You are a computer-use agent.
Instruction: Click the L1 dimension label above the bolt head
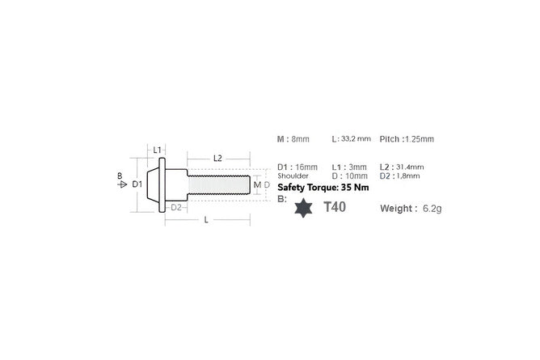coord(157,150)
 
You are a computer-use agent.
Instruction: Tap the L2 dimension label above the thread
coord(217,158)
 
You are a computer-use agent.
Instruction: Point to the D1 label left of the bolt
coord(137,184)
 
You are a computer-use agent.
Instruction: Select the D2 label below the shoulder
coord(176,207)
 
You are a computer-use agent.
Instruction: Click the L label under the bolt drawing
coord(206,220)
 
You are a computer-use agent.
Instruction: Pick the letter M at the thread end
coord(257,185)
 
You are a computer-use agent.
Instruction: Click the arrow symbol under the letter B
coord(122,184)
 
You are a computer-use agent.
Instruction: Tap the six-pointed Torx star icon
coord(303,208)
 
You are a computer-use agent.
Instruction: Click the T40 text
coord(335,207)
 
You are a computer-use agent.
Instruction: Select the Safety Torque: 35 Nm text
coord(323,188)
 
